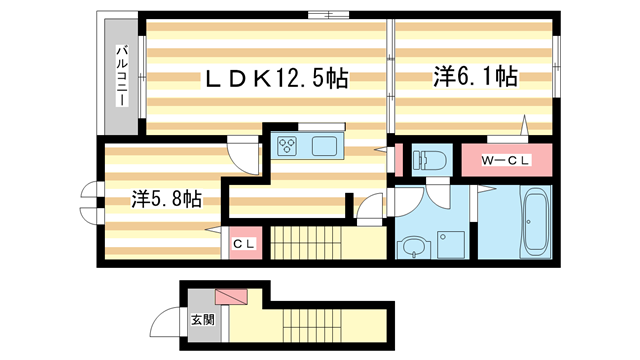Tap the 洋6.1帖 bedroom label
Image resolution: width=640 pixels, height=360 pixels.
(x=474, y=76)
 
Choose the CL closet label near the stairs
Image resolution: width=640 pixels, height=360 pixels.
(x=244, y=243)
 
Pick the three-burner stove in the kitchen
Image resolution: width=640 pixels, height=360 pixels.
(x=289, y=147)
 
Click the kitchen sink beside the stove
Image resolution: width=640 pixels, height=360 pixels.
(x=326, y=147)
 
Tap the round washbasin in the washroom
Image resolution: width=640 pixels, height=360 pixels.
(x=414, y=245)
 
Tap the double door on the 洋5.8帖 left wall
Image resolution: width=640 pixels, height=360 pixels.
(x=91, y=200)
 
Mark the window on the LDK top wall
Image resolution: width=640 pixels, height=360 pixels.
(x=328, y=14)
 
